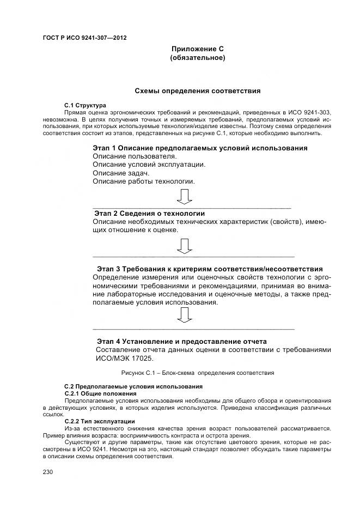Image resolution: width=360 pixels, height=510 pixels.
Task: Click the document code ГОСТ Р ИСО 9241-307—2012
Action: (x=84, y=38)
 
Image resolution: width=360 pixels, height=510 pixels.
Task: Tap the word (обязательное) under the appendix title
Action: (x=198, y=58)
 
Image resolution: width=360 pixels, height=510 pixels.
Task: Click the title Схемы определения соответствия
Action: (x=197, y=90)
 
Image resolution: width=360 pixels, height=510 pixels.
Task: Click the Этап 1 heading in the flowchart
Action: (x=200, y=148)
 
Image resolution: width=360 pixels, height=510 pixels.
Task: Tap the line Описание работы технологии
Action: (x=143, y=181)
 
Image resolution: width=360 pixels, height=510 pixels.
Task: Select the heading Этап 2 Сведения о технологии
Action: (x=149, y=213)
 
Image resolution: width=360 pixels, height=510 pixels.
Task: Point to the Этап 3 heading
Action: (x=210, y=269)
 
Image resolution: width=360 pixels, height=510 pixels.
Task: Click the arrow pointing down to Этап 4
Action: (x=185, y=315)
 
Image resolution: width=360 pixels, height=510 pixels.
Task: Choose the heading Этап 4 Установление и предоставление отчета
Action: (x=181, y=341)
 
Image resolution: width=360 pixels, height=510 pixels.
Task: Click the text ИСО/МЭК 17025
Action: (x=125, y=358)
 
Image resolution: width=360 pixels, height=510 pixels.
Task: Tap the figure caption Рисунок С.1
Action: (x=197, y=373)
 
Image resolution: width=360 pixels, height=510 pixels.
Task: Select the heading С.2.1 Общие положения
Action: (x=100, y=393)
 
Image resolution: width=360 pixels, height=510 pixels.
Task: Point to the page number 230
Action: (x=48, y=472)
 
